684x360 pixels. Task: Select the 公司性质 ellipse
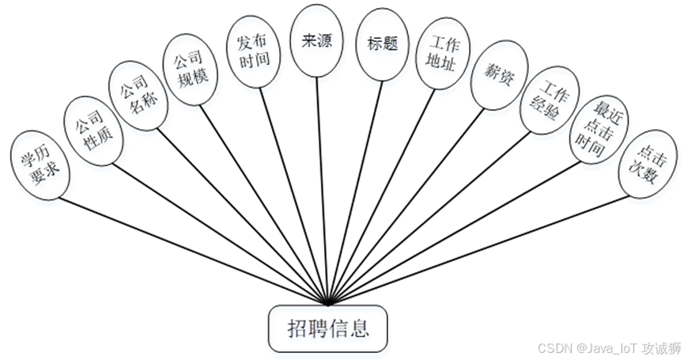[x=93, y=130]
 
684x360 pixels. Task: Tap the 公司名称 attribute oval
[x=138, y=93]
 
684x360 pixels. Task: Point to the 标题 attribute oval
[x=380, y=46]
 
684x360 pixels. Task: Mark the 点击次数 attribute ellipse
[x=646, y=165]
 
